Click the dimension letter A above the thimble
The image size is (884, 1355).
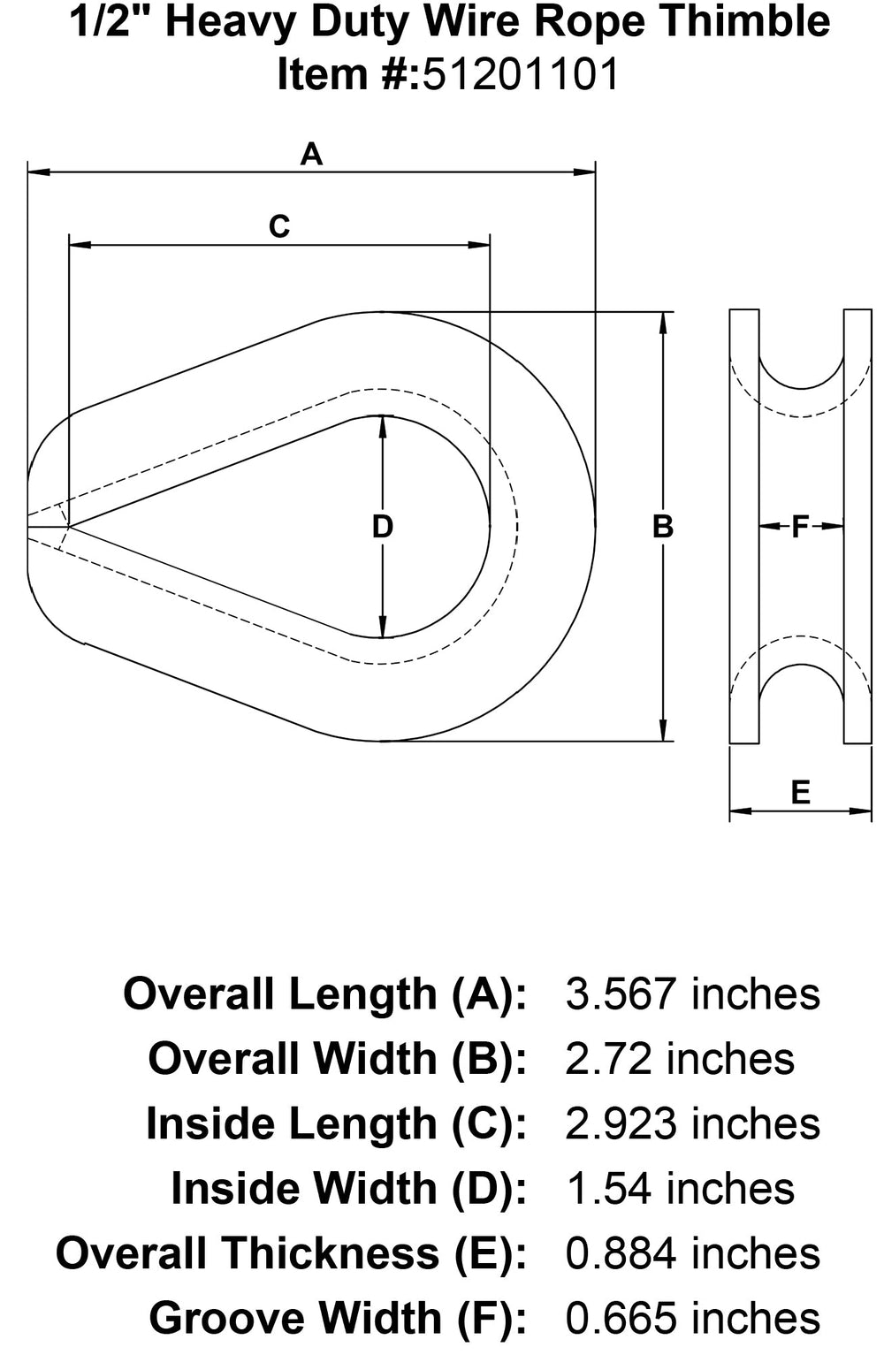(311, 155)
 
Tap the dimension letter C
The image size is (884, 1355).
(279, 227)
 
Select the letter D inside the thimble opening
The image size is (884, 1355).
(382, 527)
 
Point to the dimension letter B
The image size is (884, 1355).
(662, 527)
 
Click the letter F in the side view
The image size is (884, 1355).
(800, 527)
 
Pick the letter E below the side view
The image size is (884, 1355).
(800, 792)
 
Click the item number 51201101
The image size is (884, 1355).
(521, 74)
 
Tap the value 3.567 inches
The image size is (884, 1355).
(692, 994)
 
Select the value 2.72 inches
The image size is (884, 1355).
(680, 1059)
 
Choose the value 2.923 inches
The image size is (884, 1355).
(692, 1124)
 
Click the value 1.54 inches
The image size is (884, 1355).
(680, 1189)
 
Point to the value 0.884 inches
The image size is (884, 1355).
(692, 1254)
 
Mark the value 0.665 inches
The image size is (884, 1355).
(692, 1319)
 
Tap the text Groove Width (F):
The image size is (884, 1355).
(338, 1319)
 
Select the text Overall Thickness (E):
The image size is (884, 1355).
(291, 1254)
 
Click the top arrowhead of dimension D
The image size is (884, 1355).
(382, 423)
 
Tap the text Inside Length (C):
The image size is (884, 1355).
(336, 1124)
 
